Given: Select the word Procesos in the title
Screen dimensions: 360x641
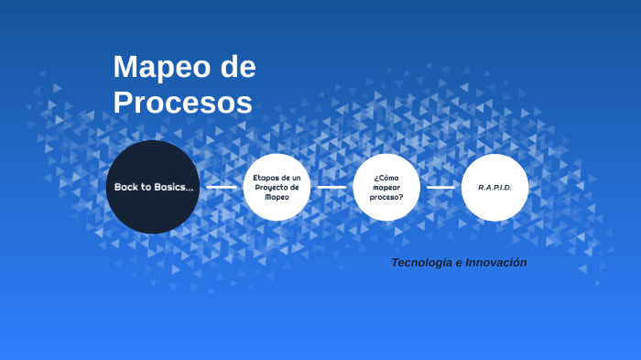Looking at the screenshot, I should pos(182,103).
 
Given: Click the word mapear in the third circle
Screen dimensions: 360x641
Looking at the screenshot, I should pos(386,187).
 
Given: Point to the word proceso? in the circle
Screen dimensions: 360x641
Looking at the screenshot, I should pos(386,197).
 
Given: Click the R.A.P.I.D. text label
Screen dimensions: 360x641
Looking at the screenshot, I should pos(494,187).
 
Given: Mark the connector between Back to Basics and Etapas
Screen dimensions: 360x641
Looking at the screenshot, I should pos(221,187).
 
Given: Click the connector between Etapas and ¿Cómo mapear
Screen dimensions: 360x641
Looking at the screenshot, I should pos(331,187).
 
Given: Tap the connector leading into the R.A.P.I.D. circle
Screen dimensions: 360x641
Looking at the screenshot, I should pos(440,187).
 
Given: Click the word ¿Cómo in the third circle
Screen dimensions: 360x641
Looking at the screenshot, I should pos(386,177).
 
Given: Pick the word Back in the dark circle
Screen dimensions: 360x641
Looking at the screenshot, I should pos(125,187).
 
